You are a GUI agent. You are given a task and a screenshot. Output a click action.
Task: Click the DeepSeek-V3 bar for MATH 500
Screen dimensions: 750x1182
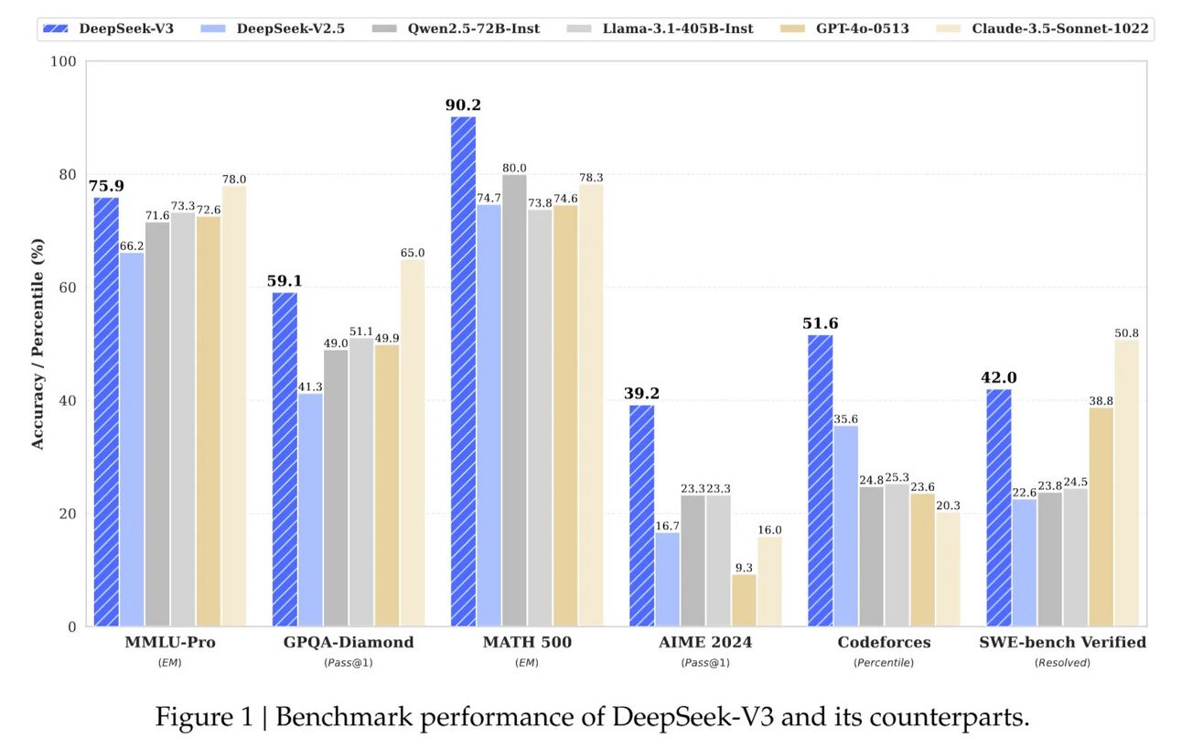pyautogui.click(x=463, y=371)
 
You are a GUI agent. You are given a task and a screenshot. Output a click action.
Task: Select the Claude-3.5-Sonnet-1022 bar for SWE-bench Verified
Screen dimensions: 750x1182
pyautogui.click(x=1126, y=483)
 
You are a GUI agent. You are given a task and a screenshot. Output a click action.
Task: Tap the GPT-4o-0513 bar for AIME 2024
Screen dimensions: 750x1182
pyautogui.click(x=744, y=600)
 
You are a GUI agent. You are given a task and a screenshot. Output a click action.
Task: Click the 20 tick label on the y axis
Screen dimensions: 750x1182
pyautogui.click(x=68, y=514)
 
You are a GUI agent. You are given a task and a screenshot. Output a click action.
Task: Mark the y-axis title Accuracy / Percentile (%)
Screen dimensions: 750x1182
pyautogui.click(x=38, y=344)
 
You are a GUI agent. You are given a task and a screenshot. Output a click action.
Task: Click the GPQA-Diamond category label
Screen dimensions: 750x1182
pyautogui.click(x=348, y=643)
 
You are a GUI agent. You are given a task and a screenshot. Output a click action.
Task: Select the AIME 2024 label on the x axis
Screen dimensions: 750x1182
pyautogui.click(x=704, y=643)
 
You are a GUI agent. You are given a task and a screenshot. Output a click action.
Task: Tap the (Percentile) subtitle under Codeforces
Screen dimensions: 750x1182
pyautogui.click(x=883, y=662)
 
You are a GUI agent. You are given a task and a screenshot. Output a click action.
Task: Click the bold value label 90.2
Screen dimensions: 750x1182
pyautogui.click(x=463, y=105)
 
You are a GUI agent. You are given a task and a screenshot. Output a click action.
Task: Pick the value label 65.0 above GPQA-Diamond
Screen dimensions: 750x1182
pyautogui.click(x=412, y=253)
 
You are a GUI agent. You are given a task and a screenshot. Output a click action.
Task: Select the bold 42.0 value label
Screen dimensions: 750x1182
pyautogui.click(x=999, y=378)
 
